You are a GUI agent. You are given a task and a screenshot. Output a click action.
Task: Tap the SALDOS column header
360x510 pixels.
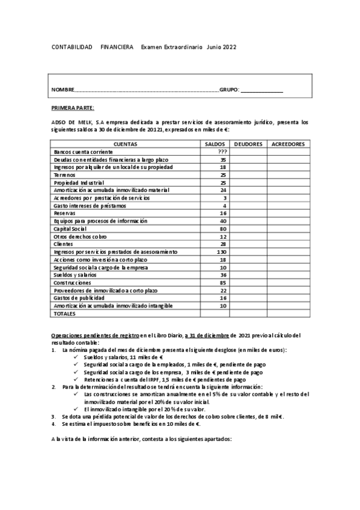215,144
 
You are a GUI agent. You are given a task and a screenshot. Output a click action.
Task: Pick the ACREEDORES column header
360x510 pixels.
288,144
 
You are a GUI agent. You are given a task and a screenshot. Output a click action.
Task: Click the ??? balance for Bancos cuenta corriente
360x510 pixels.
222,152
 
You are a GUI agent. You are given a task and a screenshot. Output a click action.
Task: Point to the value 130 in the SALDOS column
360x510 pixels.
222,251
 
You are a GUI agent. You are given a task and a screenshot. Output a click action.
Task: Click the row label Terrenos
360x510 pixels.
65,175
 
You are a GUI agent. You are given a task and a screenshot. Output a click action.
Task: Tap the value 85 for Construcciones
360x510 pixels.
223,282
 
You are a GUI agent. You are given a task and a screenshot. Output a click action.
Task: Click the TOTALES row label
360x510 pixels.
66,313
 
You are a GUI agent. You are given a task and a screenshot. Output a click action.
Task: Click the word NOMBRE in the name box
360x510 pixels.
63,90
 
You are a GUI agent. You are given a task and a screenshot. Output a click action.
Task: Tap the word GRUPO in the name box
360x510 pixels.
228,90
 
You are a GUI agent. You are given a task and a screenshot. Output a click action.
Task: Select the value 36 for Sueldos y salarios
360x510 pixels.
223,274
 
